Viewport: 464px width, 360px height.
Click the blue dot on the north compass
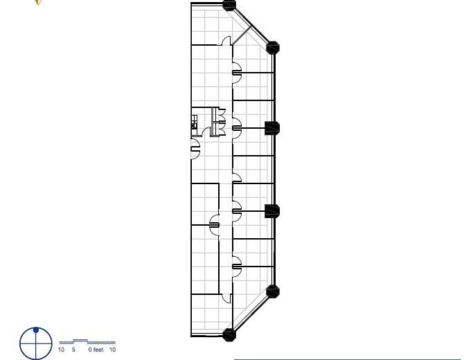pos(36,330)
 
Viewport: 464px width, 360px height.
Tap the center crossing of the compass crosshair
pos(36,343)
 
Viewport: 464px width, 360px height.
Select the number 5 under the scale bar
pos(73,350)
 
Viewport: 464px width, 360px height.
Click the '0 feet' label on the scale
pos(96,350)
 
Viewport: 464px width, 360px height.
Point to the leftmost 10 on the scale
pos(61,350)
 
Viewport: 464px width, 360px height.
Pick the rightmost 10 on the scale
pos(112,350)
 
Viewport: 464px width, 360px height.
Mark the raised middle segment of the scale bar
pos(80,341)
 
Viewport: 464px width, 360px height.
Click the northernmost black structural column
pos(229,5)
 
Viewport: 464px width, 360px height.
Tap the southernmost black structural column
pos(229,335)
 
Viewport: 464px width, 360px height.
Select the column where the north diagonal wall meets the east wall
pos(273,48)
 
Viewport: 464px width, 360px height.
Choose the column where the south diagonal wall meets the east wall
pos(273,291)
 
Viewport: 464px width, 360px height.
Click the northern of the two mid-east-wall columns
pos(272,127)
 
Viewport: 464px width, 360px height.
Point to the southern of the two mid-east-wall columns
pos(272,211)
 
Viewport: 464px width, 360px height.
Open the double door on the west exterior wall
pos(196,146)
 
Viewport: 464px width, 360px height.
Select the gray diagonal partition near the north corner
pos(243,33)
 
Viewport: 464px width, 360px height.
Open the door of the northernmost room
pos(226,41)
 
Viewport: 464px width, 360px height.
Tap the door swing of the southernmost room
pos(226,298)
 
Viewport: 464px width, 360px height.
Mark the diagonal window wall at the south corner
pos(250,314)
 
